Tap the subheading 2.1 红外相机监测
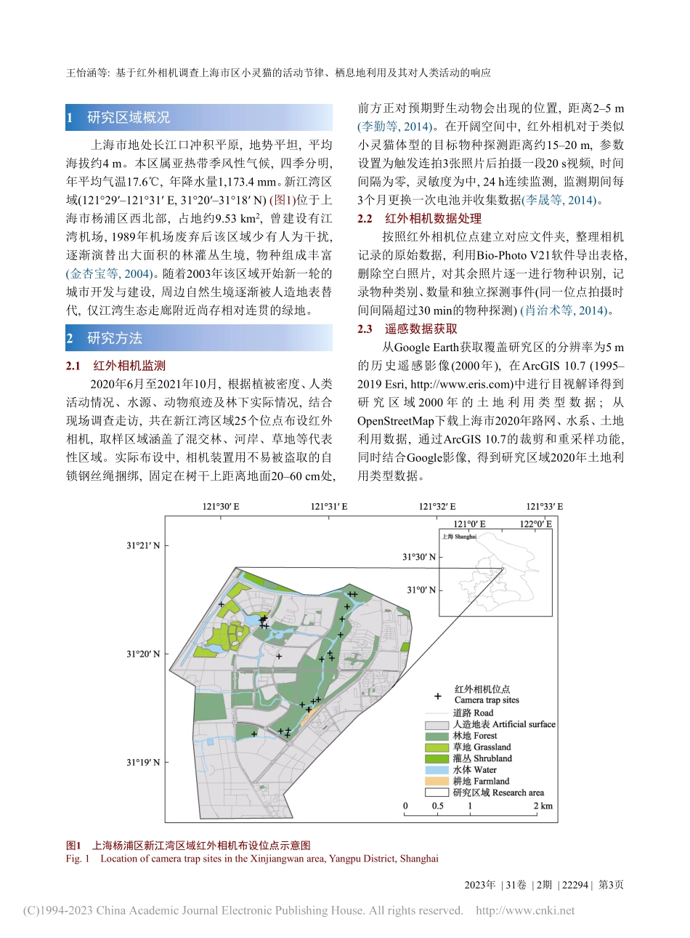(x=116, y=366)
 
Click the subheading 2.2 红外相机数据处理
(x=419, y=218)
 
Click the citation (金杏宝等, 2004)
(x=110, y=274)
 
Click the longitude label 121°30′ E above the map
(x=221, y=507)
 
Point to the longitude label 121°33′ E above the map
(x=545, y=507)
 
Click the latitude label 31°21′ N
(x=142, y=545)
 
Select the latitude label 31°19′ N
(x=142, y=762)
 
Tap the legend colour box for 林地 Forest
(x=437, y=736)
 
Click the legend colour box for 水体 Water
(x=437, y=770)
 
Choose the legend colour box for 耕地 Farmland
(x=437, y=781)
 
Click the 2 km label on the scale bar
(x=543, y=806)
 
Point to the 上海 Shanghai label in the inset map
(x=459, y=537)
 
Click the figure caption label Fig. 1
(x=78, y=859)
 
